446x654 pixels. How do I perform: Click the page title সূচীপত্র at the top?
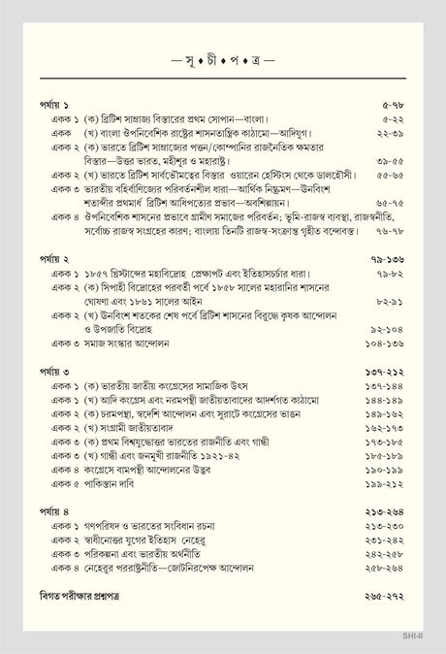[x=223, y=60]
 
